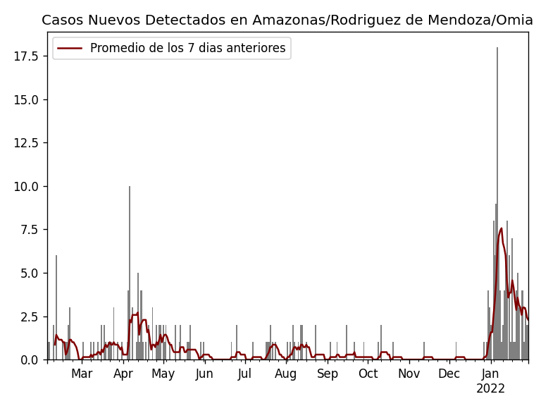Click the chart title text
click(287, 20)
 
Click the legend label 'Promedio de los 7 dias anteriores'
click(188, 49)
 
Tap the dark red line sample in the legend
click(70, 49)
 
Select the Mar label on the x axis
click(82, 374)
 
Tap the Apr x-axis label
click(123, 374)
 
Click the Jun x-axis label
click(204, 374)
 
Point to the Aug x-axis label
click(286, 374)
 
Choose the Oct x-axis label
click(368, 374)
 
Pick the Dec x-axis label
click(449, 374)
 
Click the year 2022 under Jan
click(490, 389)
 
